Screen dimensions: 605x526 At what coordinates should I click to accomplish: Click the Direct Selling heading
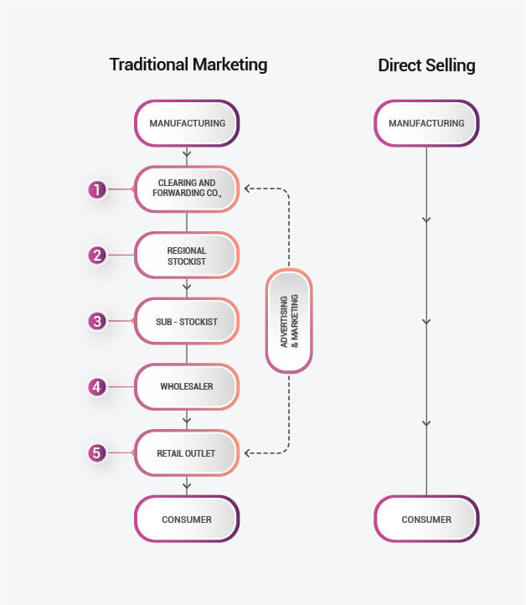pyautogui.click(x=426, y=65)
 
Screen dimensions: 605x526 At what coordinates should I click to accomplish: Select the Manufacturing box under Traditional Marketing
pyautogui.click(x=187, y=124)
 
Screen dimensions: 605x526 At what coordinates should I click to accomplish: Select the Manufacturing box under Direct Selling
pyautogui.click(x=426, y=124)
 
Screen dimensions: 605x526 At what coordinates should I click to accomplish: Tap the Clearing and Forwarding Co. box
pyautogui.click(x=187, y=189)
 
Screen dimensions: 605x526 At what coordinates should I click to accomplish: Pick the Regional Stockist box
pyautogui.click(x=187, y=256)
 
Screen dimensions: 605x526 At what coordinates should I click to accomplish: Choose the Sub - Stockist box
pyautogui.click(x=187, y=321)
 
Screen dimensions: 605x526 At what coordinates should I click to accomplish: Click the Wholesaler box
pyautogui.click(x=187, y=387)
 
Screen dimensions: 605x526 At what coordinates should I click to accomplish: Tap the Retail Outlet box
pyautogui.click(x=187, y=453)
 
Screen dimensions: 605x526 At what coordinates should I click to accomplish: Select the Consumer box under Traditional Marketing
pyautogui.click(x=187, y=520)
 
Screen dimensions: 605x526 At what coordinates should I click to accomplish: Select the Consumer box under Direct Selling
pyautogui.click(x=426, y=520)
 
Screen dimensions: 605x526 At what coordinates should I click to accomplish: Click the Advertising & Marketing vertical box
pyautogui.click(x=289, y=321)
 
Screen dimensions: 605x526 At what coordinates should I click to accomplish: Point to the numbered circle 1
pyautogui.click(x=97, y=189)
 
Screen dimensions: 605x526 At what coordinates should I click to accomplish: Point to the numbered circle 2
pyautogui.click(x=97, y=256)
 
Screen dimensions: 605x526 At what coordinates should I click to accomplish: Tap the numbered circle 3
pyautogui.click(x=97, y=321)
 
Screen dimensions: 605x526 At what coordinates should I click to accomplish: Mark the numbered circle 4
pyautogui.click(x=97, y=387)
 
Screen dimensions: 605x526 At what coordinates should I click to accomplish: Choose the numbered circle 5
pyautogui.click(x=97, y=453)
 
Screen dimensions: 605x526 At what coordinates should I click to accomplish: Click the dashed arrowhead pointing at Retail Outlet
pyautogui.click(x=248, y=453)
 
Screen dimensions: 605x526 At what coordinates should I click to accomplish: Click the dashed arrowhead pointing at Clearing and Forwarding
pyautogui.click(x=248, y=189)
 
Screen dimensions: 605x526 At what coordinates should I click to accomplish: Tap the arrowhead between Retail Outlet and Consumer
pyautogui.click(x=187, y=485)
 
